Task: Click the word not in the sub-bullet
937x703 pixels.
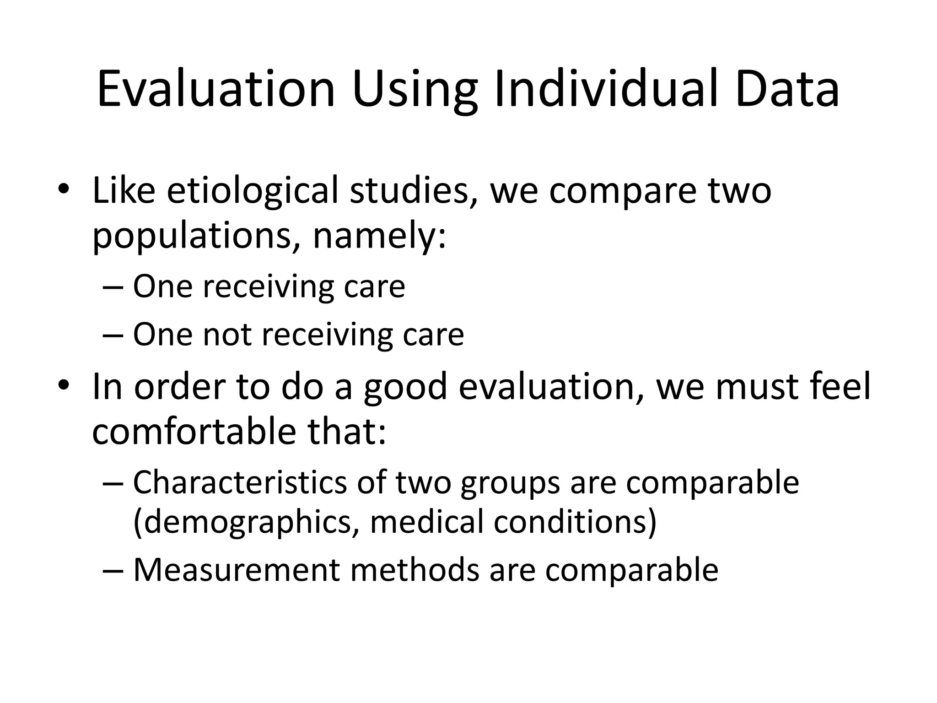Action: point(227,334)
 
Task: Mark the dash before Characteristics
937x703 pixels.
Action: point(113,483)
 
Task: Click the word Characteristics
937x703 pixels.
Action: point(240,482)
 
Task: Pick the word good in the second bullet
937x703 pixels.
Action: point(405,387)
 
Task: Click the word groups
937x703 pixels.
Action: point(510,483)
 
